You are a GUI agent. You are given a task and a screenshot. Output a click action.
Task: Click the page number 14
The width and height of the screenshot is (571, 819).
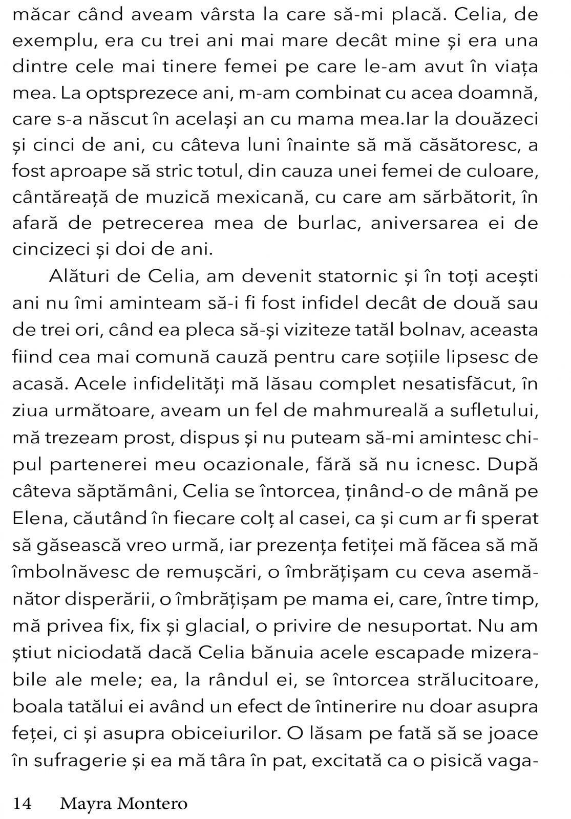pos(22,803)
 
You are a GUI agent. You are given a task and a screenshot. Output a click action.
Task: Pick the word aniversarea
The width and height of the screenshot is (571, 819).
pos(415,223)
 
